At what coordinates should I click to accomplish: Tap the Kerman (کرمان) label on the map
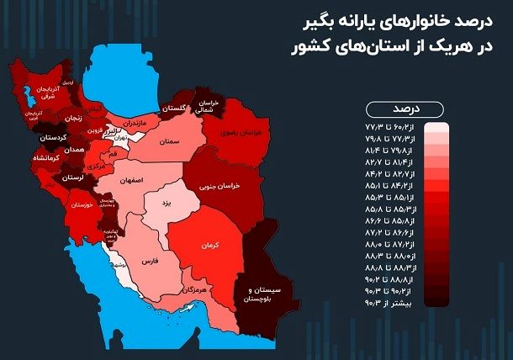coord(209,246)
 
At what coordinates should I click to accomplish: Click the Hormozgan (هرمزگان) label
coord(194,289)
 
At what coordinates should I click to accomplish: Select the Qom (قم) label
coord(113,156)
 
